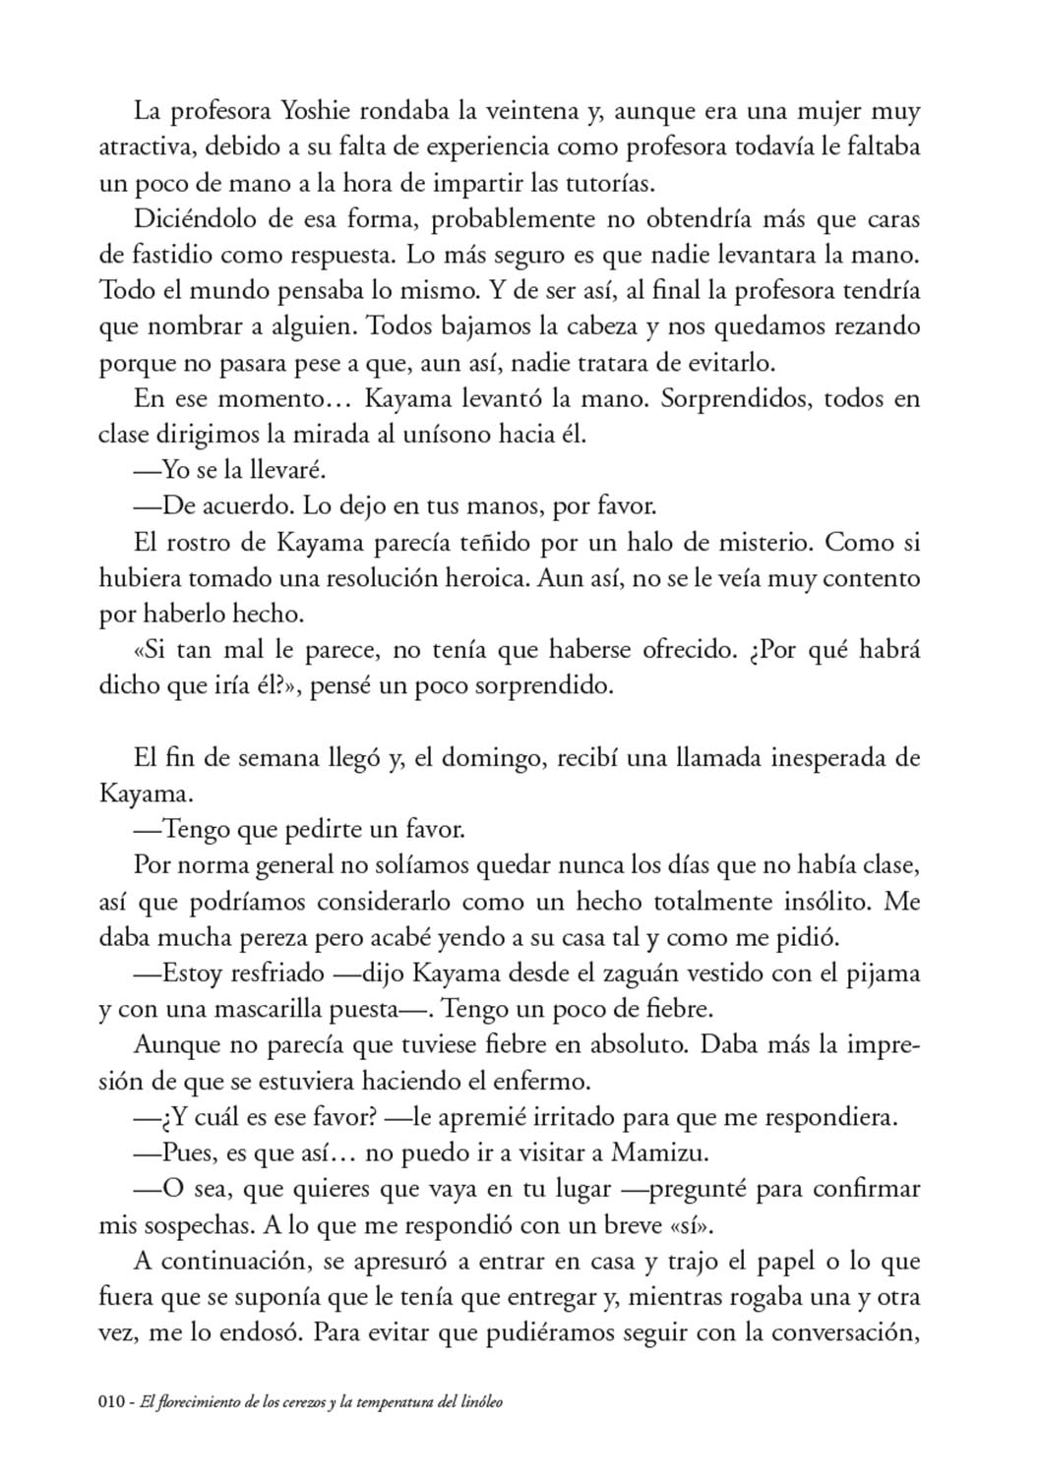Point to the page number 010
tap(114, 1402)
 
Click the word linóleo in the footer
tap(477, 1402)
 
